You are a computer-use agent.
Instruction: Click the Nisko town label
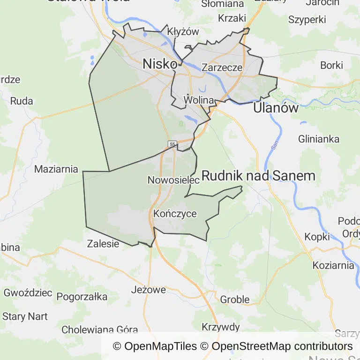pyautogui.click(x=160, y=64)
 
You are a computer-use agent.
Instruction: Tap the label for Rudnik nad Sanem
pyautogui.click(x=258, y=176)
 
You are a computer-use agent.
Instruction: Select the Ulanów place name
pyautogui.click(x=276, y=108)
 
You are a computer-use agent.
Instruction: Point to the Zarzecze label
pyautogui.click(x=222, y=67)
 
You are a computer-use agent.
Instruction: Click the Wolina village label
pyautogui.click(x=199, y=100)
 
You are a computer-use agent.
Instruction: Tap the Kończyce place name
pyautogui.click(x=175, y=214)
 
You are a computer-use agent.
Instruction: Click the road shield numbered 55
pyautogui.click(x=173, y=144)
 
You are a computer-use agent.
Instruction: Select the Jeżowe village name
pyautogui.click(x=149, y=290)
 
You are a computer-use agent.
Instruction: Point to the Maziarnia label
pyautogui.click(x=56, y=169)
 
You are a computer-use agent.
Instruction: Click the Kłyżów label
pyautogui.click(x=183, y=32)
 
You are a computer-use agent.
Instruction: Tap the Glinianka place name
pyautogui.click(x=319, y=139)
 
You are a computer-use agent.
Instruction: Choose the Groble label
pyautogui.click(x=234, y=300)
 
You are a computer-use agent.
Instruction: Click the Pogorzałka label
pyautogui.click(x=82, y=297)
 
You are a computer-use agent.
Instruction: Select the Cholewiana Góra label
pyautogui.click(x=99, y=330)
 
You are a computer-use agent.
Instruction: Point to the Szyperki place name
pyautogui.click(x=307, y=20)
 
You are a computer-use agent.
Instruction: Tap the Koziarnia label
pyautogui.click(x=333, y=265)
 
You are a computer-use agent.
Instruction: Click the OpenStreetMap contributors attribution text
pyautogui.click(x=282, y=346)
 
